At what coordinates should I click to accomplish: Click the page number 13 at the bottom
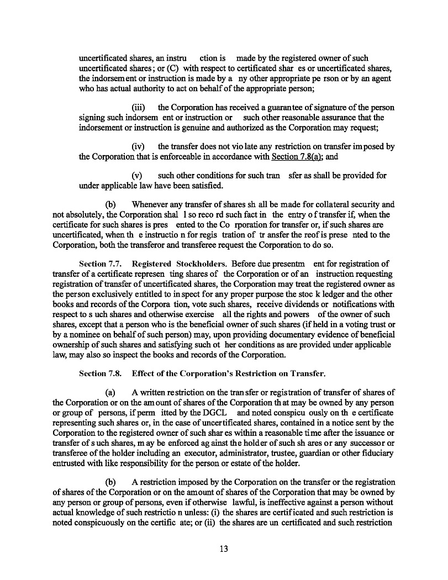224,549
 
